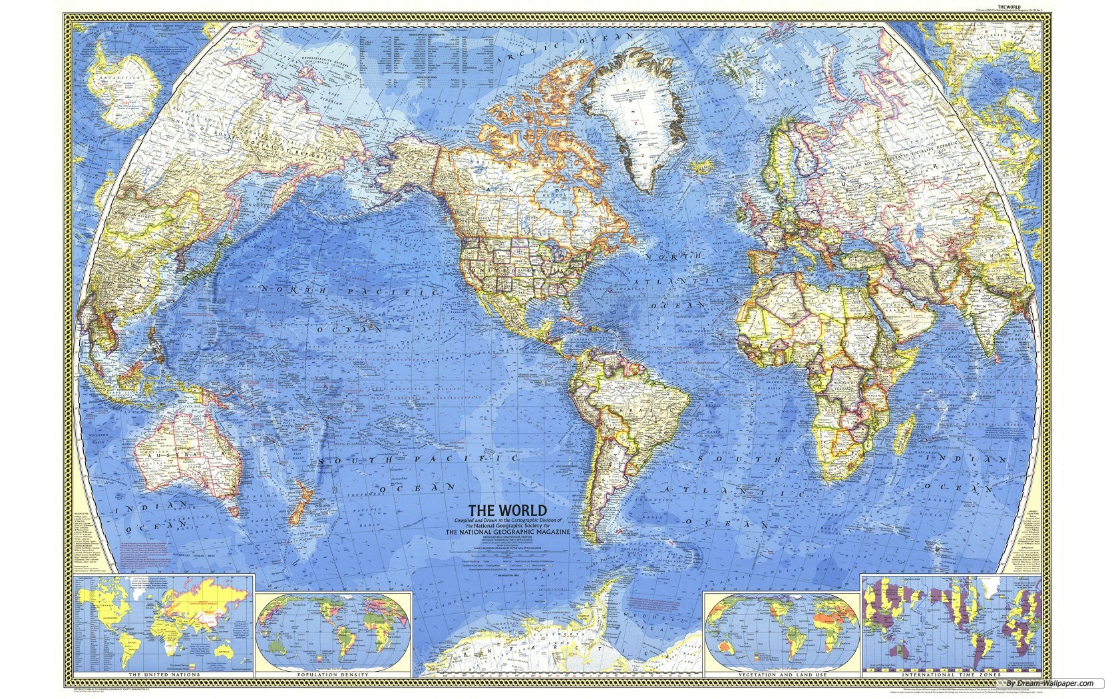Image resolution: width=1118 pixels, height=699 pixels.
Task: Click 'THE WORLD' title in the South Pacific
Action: click(510, 511)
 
